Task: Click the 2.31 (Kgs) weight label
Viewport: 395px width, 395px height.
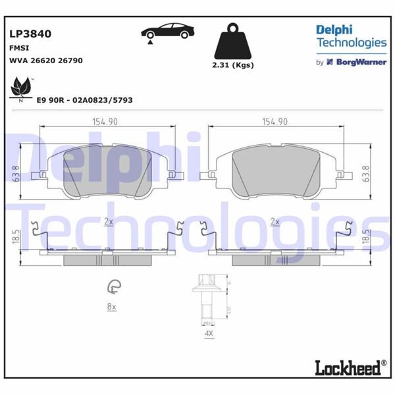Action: (234, 65)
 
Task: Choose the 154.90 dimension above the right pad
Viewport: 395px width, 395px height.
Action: (275, 120)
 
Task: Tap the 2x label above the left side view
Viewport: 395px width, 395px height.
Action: (109, 222)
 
